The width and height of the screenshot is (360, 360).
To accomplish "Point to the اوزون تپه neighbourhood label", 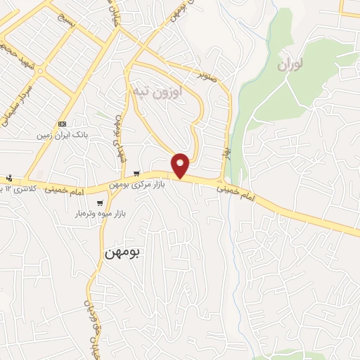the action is tap(155, 91).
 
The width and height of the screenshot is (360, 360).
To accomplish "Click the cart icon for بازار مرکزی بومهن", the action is tap(136, 174).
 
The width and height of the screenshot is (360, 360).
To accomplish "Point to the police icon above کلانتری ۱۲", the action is tap(8, 179).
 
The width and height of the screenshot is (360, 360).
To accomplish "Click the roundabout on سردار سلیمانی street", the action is tap(41, 71).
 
